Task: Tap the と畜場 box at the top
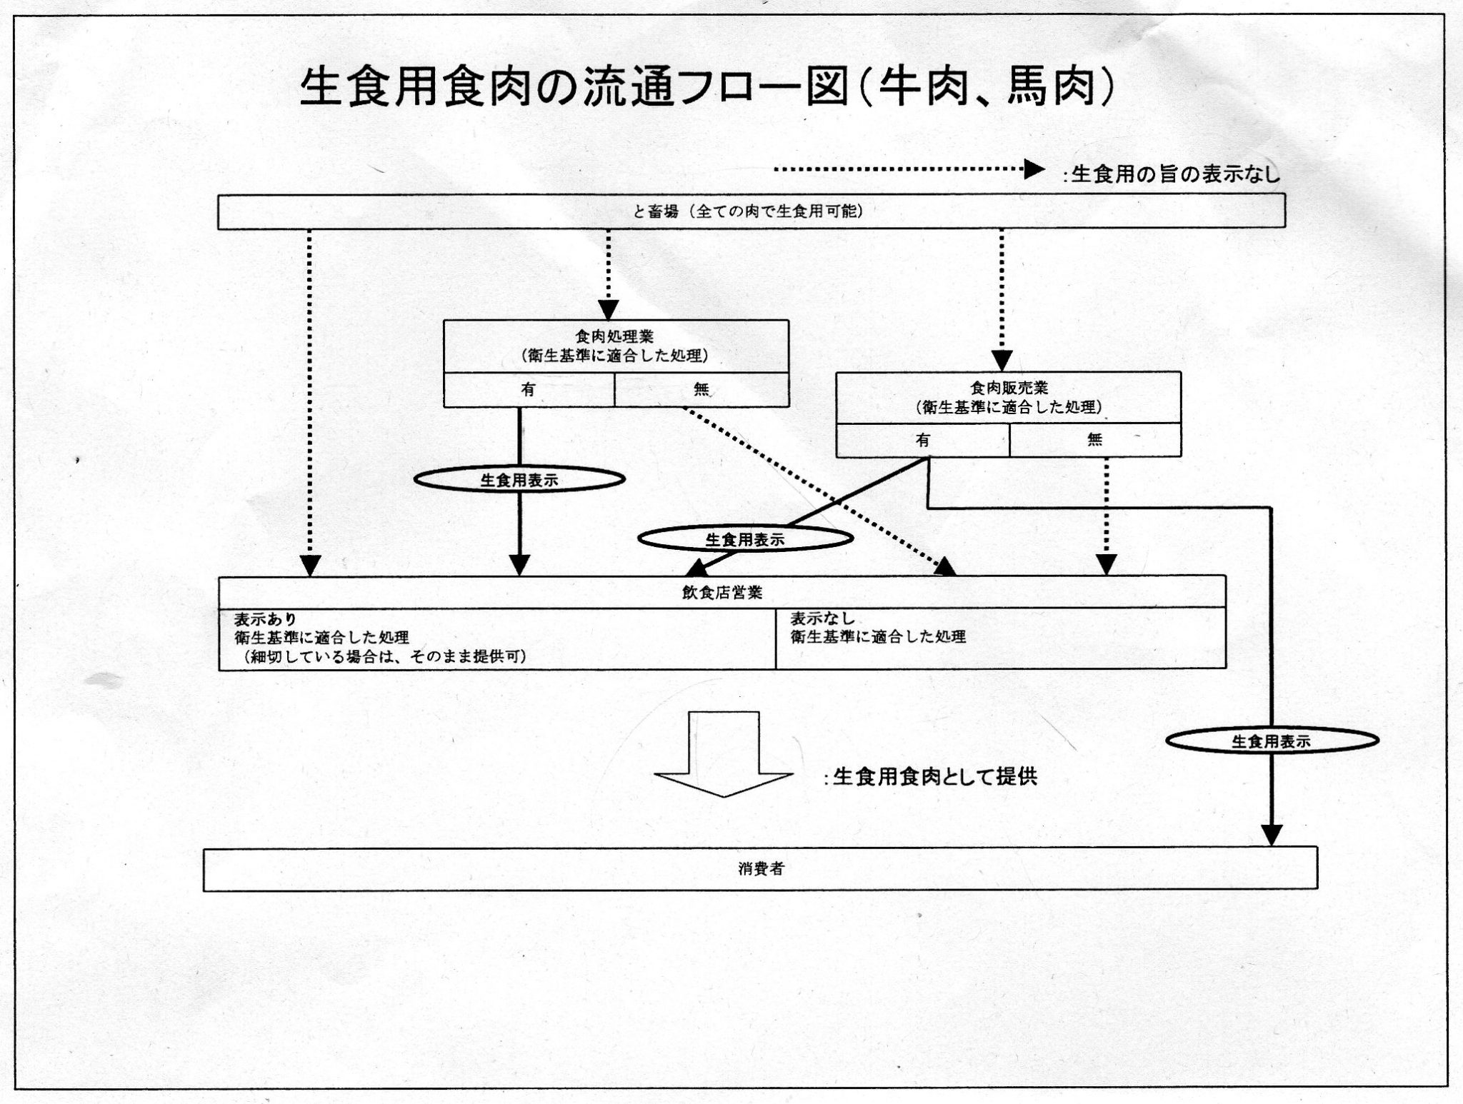(751, 212)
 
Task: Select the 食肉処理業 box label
(615, 336)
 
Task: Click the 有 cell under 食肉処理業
(528, 390)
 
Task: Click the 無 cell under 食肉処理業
(701, 390)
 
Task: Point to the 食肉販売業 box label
(1008, 388)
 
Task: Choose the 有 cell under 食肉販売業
(922, 441)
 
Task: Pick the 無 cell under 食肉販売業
(1094, 441)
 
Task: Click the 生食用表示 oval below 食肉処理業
(519, 481)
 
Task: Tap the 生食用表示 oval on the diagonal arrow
(745, 540)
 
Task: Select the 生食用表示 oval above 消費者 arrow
(1271, 741)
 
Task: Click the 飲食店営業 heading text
(721, 593)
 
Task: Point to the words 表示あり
(265, 619)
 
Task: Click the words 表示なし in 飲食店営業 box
(822, 619)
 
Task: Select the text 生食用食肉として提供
(934, 777)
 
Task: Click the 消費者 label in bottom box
(761, 869)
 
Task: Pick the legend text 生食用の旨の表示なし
(1175, 174)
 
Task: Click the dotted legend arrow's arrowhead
(1034, 169)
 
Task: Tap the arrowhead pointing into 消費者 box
(1272, 835)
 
